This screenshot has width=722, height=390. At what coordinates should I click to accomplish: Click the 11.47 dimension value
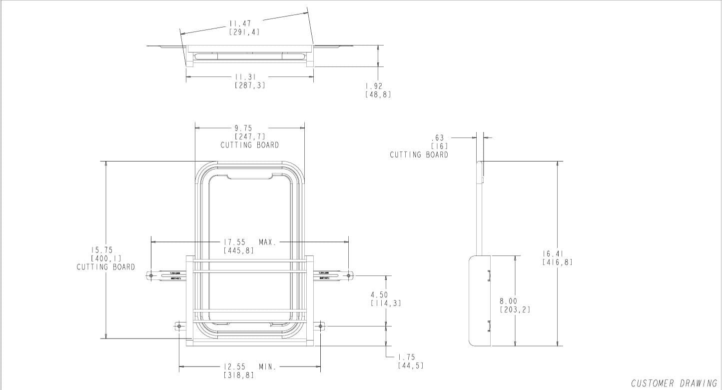240,23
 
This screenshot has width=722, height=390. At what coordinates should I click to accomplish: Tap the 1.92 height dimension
377,86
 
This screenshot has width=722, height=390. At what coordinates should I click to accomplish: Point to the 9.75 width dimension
243,128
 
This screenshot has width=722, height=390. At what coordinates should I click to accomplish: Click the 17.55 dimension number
235,242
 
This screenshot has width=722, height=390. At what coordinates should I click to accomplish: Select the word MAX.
268,242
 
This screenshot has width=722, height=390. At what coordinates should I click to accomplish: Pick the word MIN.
267,367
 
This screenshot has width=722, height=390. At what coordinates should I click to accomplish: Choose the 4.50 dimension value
379,295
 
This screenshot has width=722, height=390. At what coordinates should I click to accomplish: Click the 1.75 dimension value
407,357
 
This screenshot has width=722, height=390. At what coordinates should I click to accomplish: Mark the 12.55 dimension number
234,367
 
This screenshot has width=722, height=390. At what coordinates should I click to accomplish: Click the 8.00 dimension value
509,301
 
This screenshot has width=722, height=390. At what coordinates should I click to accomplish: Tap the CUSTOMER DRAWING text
674,383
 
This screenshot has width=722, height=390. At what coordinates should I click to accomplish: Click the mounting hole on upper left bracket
150,275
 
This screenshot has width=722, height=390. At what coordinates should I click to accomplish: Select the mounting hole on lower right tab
321,326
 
